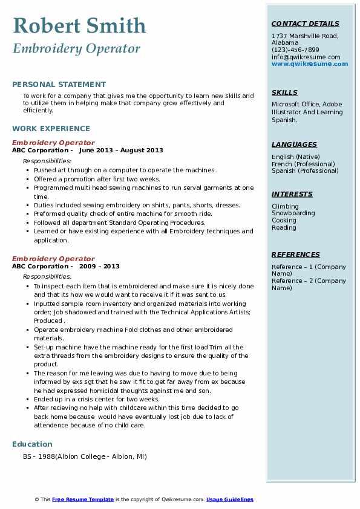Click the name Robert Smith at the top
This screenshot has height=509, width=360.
79,25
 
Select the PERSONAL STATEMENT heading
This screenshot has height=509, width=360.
59,85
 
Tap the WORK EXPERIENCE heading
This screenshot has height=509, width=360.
51,128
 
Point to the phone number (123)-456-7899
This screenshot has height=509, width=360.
295,50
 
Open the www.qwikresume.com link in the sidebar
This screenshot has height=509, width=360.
309,64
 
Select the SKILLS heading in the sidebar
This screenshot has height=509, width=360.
284,92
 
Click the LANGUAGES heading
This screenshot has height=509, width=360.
294,144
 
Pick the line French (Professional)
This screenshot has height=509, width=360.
303,164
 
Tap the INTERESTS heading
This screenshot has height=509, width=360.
292,194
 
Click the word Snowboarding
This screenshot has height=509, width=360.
293,213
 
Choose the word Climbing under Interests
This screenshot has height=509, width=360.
285,206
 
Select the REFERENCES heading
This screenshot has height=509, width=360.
295,254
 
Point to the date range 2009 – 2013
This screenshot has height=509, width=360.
99,267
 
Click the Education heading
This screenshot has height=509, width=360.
33,444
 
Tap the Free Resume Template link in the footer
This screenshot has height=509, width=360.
83,499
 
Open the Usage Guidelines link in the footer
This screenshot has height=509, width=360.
229,499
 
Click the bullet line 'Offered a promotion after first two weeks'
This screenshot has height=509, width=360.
97,179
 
